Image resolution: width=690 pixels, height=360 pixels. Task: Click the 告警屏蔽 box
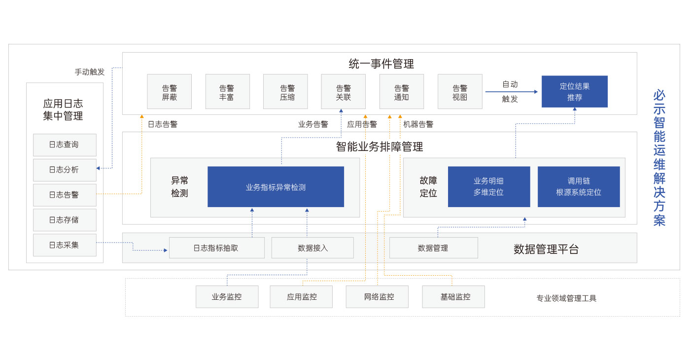[169, 92]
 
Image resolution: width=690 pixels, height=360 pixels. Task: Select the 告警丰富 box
[227, 92]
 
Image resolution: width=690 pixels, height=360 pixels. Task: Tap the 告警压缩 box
[285, 92]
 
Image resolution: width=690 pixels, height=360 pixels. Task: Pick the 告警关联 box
[343, 92]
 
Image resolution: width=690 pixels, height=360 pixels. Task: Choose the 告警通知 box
[401, 92]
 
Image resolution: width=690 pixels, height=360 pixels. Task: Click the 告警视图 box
[460, 92]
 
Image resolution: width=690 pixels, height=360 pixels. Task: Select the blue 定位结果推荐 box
[574, 92]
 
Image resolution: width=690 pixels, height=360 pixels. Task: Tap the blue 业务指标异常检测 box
[276, 187]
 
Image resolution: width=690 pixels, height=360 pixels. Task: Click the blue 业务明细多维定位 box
[488, 187]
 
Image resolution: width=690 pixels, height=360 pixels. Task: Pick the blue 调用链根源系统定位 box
[579, 187]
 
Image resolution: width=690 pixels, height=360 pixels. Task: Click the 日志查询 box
[65, 145]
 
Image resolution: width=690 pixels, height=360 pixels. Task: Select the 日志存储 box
[65, 220]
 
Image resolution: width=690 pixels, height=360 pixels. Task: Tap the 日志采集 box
[65, 245]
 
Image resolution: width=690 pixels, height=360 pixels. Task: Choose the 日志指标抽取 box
[216, 248]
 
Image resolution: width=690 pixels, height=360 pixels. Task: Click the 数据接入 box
[312, 248]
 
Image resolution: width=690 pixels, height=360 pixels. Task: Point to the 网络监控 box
[377, 297]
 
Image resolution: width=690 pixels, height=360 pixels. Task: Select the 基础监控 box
[453, 297]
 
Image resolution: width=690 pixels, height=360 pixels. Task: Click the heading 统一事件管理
[381, 64]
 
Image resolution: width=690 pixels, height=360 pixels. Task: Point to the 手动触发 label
[90, 72]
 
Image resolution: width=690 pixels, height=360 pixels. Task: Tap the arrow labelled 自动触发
[511, 92]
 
